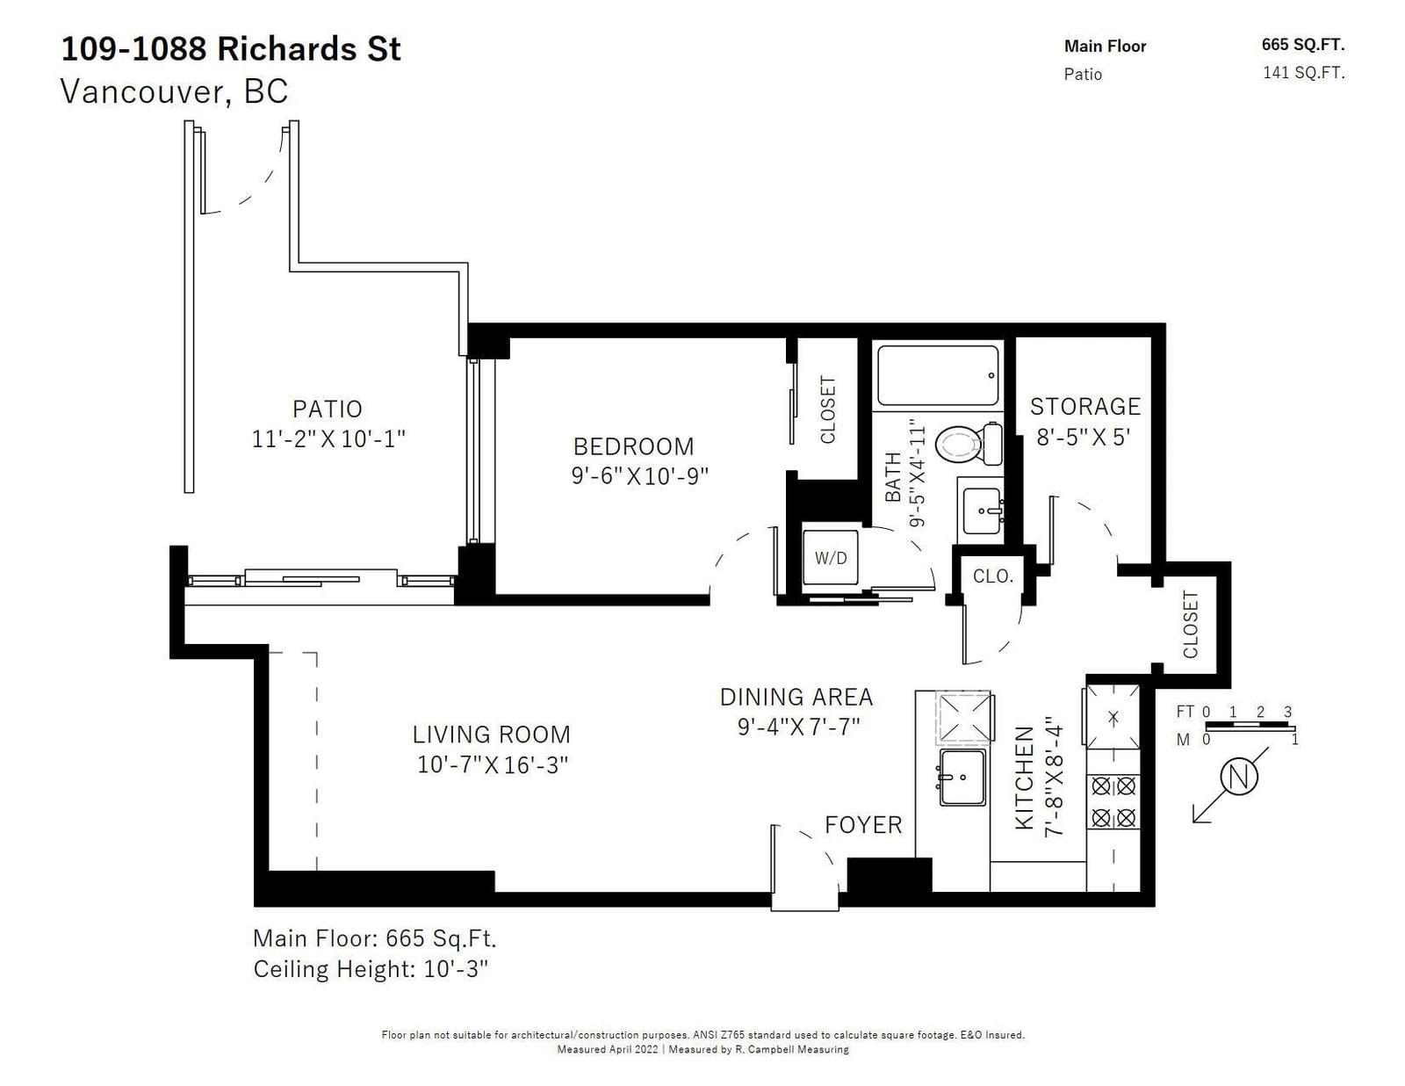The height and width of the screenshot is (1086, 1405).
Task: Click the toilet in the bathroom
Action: [x=969, y=444]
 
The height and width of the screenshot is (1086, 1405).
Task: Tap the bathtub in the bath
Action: [x=938, y=376]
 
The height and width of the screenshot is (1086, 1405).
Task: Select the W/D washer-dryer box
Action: [x=830, y=558]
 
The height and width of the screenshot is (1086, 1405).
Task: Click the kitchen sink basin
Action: [x=962, y=777]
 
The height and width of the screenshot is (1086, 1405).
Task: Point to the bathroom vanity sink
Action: [x=982, y=510]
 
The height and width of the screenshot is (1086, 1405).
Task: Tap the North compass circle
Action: [x=1240, y=776]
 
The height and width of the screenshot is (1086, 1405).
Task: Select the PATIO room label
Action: [x=328, y=409]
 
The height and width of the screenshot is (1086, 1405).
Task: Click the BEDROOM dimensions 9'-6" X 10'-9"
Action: [x=639, y=476]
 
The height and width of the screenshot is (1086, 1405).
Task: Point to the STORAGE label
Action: [x=1085, y=406]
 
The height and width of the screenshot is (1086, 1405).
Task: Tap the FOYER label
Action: [x=863, y=825]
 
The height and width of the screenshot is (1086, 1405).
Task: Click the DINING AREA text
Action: [x=796, y=697]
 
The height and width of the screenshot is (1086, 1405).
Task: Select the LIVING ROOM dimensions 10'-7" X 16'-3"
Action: [x=492, y=764]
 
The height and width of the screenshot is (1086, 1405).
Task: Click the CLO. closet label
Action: [x=992, y=576]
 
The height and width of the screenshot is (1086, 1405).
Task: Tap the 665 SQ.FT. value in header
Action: [x=1303, y=45]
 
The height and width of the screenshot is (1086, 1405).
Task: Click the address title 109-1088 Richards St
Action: [x=231, y=48]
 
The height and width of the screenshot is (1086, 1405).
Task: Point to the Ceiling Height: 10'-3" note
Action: [x=371, y=969]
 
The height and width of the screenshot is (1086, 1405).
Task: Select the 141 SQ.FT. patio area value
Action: [x=1303, y=72]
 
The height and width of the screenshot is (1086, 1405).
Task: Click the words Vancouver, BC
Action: [x=174, y=91]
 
